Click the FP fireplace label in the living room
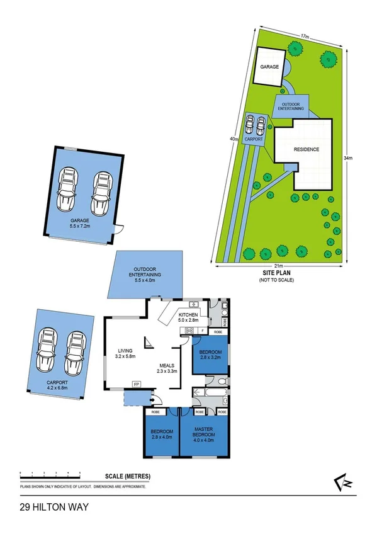pos(135,383)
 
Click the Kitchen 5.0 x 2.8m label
pos(189,317)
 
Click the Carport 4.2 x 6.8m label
pos(59,385)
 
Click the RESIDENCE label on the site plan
pos(306,149)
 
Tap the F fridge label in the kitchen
pos(201,330)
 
